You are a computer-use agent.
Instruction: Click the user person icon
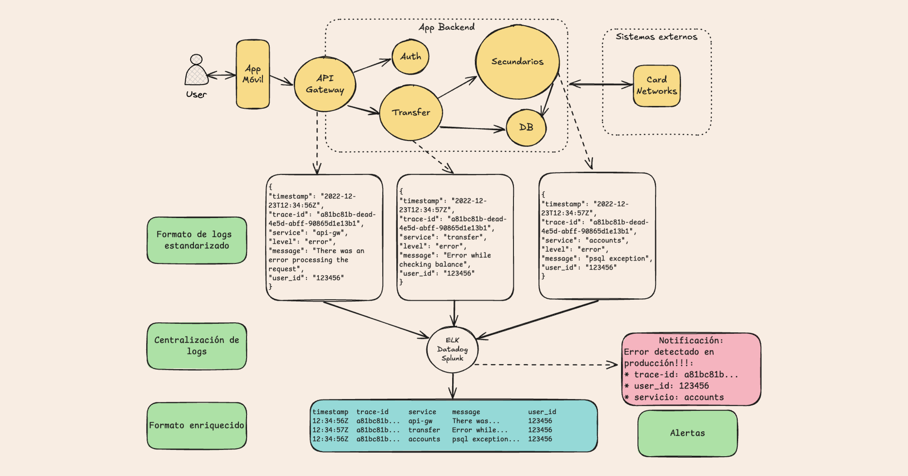[196, 71]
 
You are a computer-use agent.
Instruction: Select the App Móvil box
[253, 74]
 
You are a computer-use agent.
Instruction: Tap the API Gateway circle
[325, 84]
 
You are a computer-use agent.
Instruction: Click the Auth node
[410, 57]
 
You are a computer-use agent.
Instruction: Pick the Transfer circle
[411, 113]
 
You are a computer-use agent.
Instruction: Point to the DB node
[526, 128]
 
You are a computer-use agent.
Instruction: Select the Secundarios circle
[518, 62]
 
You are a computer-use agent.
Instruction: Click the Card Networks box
[656, 86]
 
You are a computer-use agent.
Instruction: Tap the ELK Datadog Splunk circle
[452, 349]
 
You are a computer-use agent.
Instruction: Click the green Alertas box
[687, 433]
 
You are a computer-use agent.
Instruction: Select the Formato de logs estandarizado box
[197, 240]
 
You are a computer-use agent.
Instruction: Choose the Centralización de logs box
[197, 346]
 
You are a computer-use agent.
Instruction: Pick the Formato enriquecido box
[197, 425]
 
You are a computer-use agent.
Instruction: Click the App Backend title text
[446, 27]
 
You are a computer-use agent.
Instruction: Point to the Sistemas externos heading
[656, 37]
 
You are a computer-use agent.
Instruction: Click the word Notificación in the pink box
[690, 340]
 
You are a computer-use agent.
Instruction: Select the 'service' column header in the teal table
[422, 412]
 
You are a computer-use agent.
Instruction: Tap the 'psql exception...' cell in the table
[485, 439]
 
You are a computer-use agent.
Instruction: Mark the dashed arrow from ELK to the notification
[545, 364]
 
